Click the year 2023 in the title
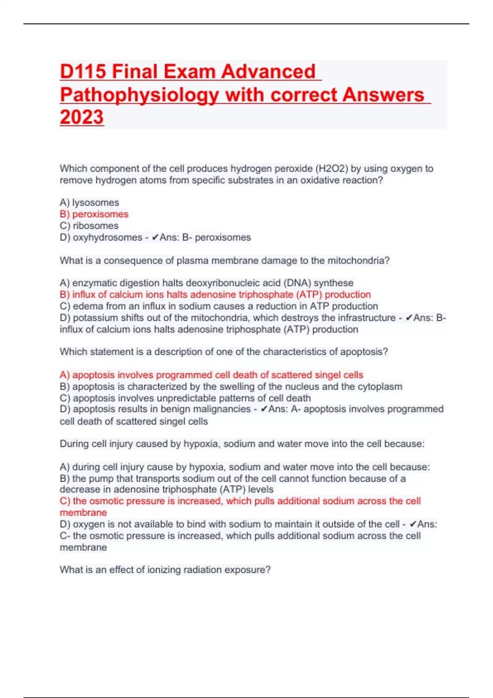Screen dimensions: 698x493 point(82,117)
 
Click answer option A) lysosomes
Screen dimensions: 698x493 point(89,202)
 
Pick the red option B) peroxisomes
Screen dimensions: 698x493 point(94,214)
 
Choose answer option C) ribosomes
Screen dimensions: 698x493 point(89,225)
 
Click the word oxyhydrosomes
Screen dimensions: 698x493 point(107,237)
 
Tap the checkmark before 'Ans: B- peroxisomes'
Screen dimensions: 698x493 point(155,237)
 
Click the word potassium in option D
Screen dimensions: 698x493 point(95,317)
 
